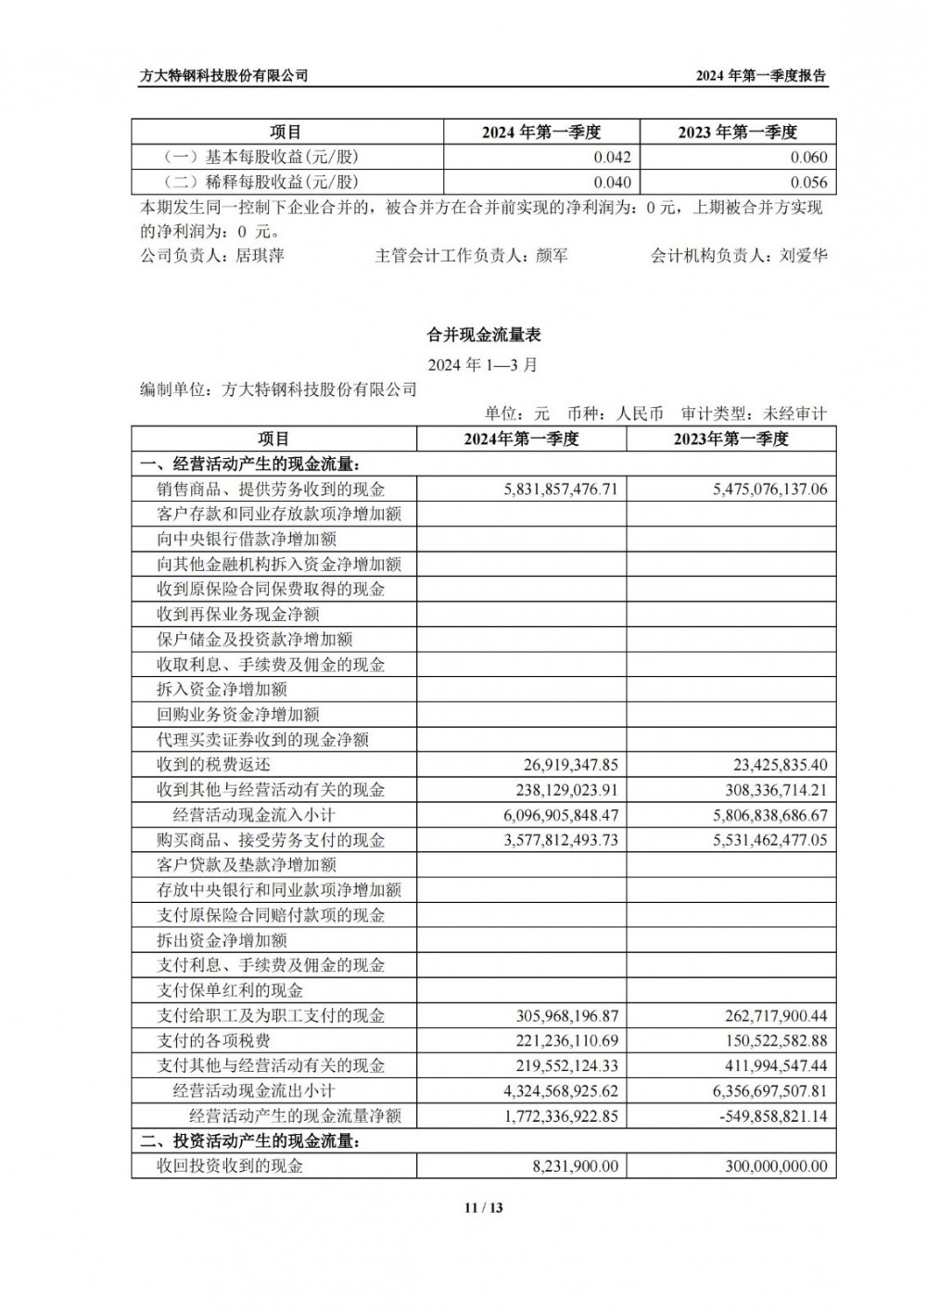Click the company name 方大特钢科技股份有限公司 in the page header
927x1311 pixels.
[223, 76]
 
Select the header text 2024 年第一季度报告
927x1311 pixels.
[761, 76]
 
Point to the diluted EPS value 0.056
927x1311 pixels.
[808, 183]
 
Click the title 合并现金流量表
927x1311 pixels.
[482, 335]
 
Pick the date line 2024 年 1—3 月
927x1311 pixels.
[482, 364]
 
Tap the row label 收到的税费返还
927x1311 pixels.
[214, 765]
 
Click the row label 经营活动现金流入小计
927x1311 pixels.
[254, 815]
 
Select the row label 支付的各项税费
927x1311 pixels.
[214, 1040]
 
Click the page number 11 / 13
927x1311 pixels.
[483, 1207]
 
